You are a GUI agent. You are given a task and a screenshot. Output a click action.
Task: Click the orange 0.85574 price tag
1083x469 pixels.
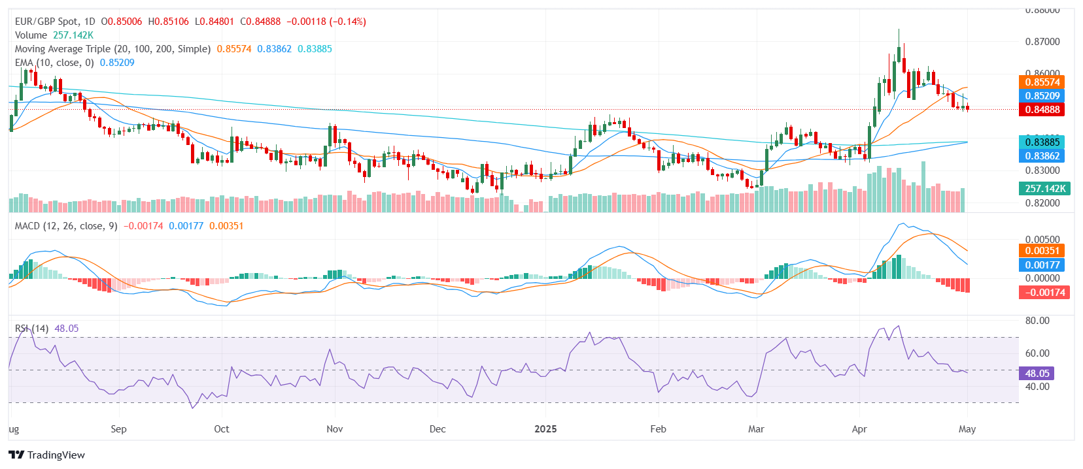1042,82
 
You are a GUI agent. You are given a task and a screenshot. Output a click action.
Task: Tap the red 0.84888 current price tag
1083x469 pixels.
1042,110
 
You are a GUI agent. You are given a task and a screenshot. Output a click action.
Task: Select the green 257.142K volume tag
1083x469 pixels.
1044,189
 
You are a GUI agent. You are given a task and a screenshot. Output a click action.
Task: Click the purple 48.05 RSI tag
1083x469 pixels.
1037,374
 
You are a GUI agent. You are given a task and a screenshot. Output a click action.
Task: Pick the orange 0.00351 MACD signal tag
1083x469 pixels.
1042,251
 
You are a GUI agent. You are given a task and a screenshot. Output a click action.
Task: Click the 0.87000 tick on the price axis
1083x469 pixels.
1042,42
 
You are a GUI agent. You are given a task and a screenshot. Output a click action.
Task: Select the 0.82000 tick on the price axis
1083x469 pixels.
1042,203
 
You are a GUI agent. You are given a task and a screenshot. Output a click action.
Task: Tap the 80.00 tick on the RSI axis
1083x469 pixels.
1037,321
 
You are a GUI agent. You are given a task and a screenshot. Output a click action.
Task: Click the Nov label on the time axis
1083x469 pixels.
334,429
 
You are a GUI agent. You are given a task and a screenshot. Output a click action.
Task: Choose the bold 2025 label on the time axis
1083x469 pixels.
545,429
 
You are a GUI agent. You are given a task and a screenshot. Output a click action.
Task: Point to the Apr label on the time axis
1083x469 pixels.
859,429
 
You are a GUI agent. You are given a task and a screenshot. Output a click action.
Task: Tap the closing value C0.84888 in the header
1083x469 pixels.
260,22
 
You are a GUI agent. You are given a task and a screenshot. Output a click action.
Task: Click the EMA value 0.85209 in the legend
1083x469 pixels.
117,63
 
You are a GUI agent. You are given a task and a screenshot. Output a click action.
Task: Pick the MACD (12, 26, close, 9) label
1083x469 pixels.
66,226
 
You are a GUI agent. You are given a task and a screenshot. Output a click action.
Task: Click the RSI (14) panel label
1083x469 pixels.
31,329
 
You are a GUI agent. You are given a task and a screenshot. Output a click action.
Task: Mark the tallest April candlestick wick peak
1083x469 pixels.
899,29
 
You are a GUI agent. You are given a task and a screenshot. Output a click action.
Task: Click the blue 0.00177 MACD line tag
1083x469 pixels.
1042,265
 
